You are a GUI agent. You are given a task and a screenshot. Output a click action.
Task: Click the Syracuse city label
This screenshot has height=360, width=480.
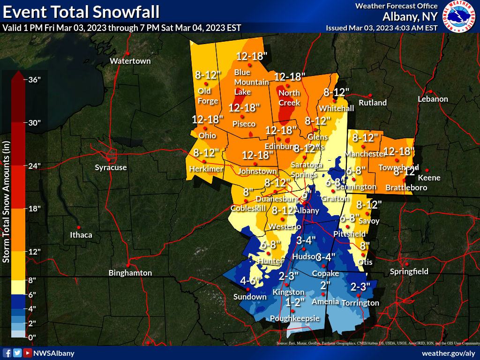(111, 167)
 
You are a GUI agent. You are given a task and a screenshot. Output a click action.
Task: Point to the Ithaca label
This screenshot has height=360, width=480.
(81, 235)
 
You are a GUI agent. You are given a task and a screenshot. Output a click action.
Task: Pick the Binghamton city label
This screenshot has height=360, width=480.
(130, 273)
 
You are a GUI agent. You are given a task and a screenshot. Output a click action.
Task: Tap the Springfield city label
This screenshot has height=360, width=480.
(409, 271)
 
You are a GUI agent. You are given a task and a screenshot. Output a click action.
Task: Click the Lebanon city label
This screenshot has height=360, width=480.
(433, 99)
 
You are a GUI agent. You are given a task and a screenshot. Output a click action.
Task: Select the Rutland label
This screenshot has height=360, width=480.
(373, 103)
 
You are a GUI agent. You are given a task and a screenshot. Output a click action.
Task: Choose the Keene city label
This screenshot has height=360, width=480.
(429, 178)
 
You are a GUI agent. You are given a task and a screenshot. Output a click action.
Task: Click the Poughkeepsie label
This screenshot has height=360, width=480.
(295, 319)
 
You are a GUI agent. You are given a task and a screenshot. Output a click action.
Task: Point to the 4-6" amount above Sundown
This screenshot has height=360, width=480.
(250, 281)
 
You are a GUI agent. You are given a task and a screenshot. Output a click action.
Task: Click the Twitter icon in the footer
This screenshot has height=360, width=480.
(17, 353)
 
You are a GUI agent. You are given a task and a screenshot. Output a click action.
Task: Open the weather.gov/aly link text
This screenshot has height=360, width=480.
(449, 353)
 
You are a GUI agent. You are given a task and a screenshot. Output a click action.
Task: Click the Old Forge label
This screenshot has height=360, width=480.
(208, 96)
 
